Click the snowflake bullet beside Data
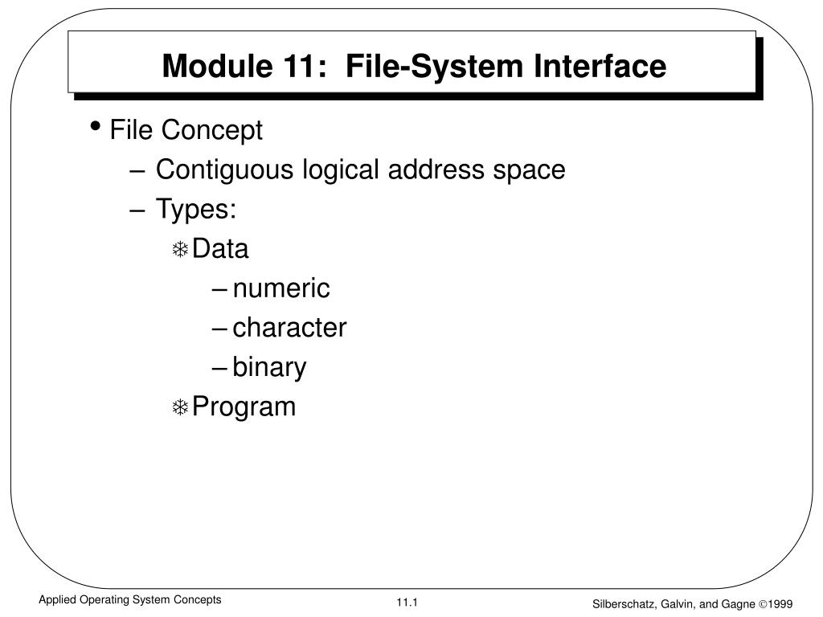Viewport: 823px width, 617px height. tap(180, 251)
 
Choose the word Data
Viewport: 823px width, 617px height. tap(221, 249)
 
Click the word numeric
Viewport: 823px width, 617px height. tap(281, 288)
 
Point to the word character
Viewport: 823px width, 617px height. tap(289, 328)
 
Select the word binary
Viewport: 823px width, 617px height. tap(269, 368)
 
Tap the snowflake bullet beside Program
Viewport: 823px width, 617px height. tap(180, 408)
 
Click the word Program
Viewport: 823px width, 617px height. tap(244, 407)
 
